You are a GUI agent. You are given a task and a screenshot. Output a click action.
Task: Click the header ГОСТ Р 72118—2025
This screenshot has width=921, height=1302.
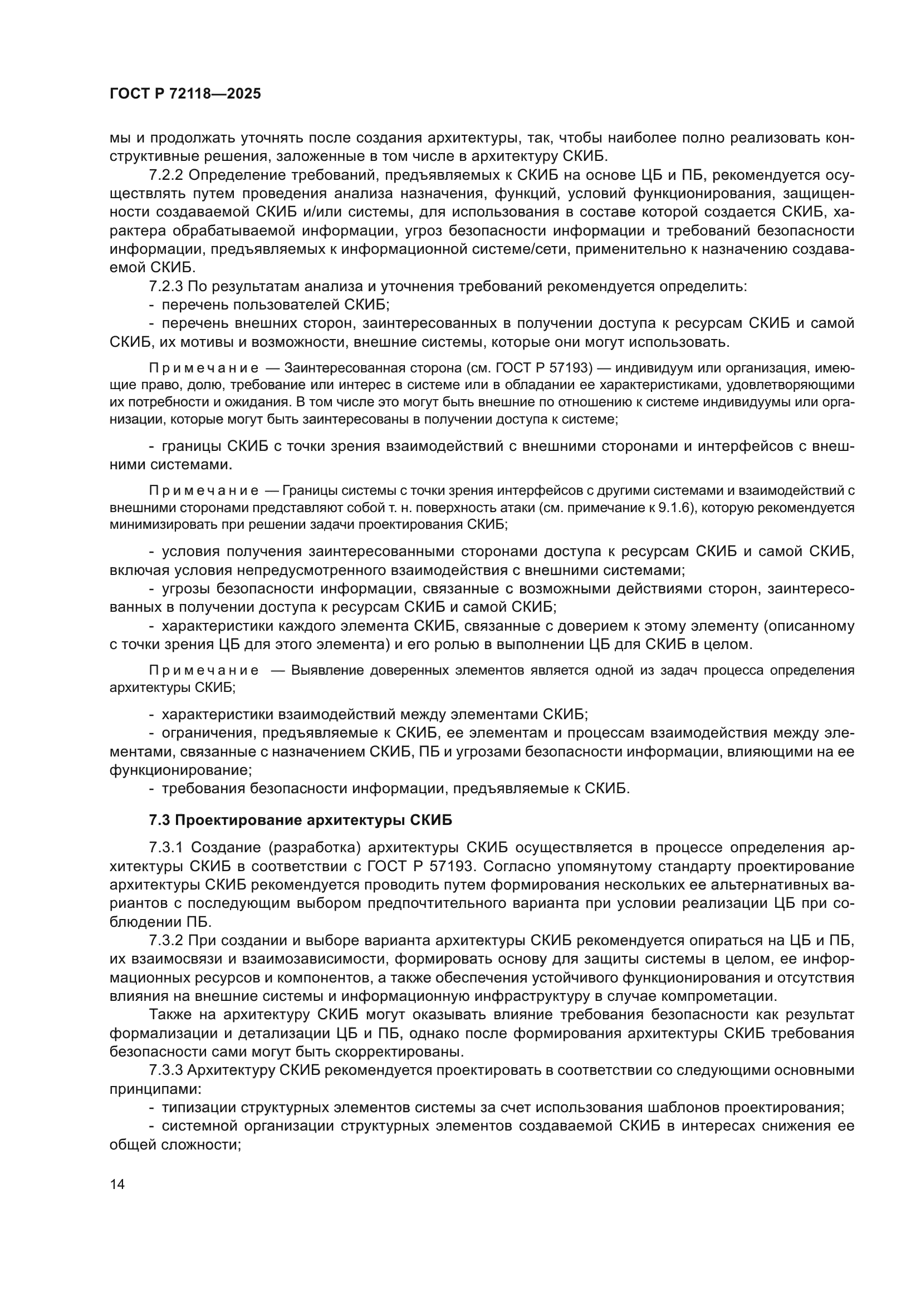tap(185, 94)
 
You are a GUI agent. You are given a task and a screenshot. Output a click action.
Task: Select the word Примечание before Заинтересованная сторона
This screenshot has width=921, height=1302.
tap(204, 369)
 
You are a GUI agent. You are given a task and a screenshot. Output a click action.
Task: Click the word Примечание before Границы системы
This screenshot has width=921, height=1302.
tap(204, 490)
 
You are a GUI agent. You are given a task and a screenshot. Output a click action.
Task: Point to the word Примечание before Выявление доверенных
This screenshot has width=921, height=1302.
tap(204, 670)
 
